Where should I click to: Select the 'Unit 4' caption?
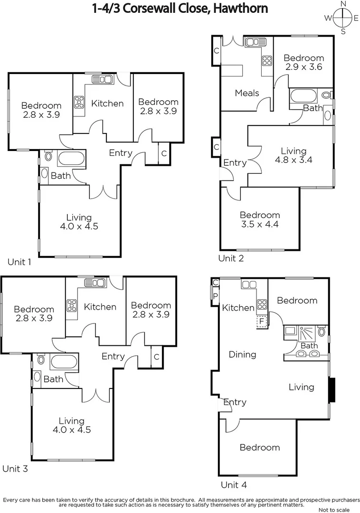tap(234, 485)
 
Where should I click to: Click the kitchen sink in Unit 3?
tap(95, 283)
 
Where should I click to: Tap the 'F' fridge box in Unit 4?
tap(261, 322)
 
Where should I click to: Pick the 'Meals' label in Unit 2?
tap(247, 93)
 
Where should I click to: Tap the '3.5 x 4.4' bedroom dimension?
tap(259, 224)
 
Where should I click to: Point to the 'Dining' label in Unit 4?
tap(242, 354)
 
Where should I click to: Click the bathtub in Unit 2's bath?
tap(304, 96)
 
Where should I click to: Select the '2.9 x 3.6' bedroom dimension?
tap(304, 67)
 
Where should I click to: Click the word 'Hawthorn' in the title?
tap(242, 8)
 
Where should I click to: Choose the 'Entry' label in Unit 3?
tap(113, 356)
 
